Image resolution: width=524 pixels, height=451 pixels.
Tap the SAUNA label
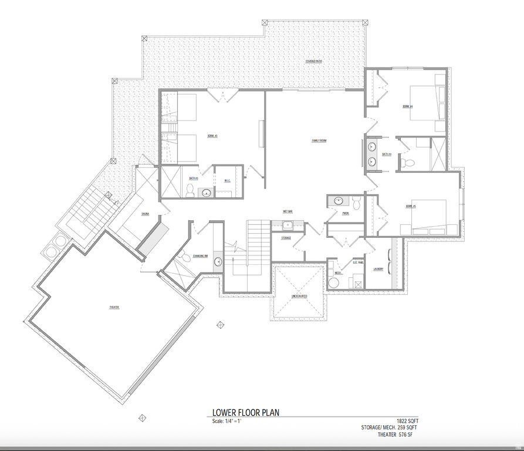click(144, 214)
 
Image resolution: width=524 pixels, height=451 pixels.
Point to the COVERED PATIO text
click(313, 62)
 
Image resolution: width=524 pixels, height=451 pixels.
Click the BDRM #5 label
click(410, 206)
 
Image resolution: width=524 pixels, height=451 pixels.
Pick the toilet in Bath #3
click(190, 190)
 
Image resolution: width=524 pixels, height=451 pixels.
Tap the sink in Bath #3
click(207, 192)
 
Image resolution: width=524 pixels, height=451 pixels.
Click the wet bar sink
click(288, 224)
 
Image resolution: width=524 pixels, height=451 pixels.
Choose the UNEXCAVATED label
click(299, 297)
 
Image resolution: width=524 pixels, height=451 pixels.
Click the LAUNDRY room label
click(378, 269)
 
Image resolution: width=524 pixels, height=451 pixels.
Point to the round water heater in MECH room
click(334, 283)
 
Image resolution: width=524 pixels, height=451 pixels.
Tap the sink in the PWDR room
click(338, 201)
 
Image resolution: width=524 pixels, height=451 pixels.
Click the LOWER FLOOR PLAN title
click(246, 413)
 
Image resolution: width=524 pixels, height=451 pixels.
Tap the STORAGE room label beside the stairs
click(286, 238)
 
